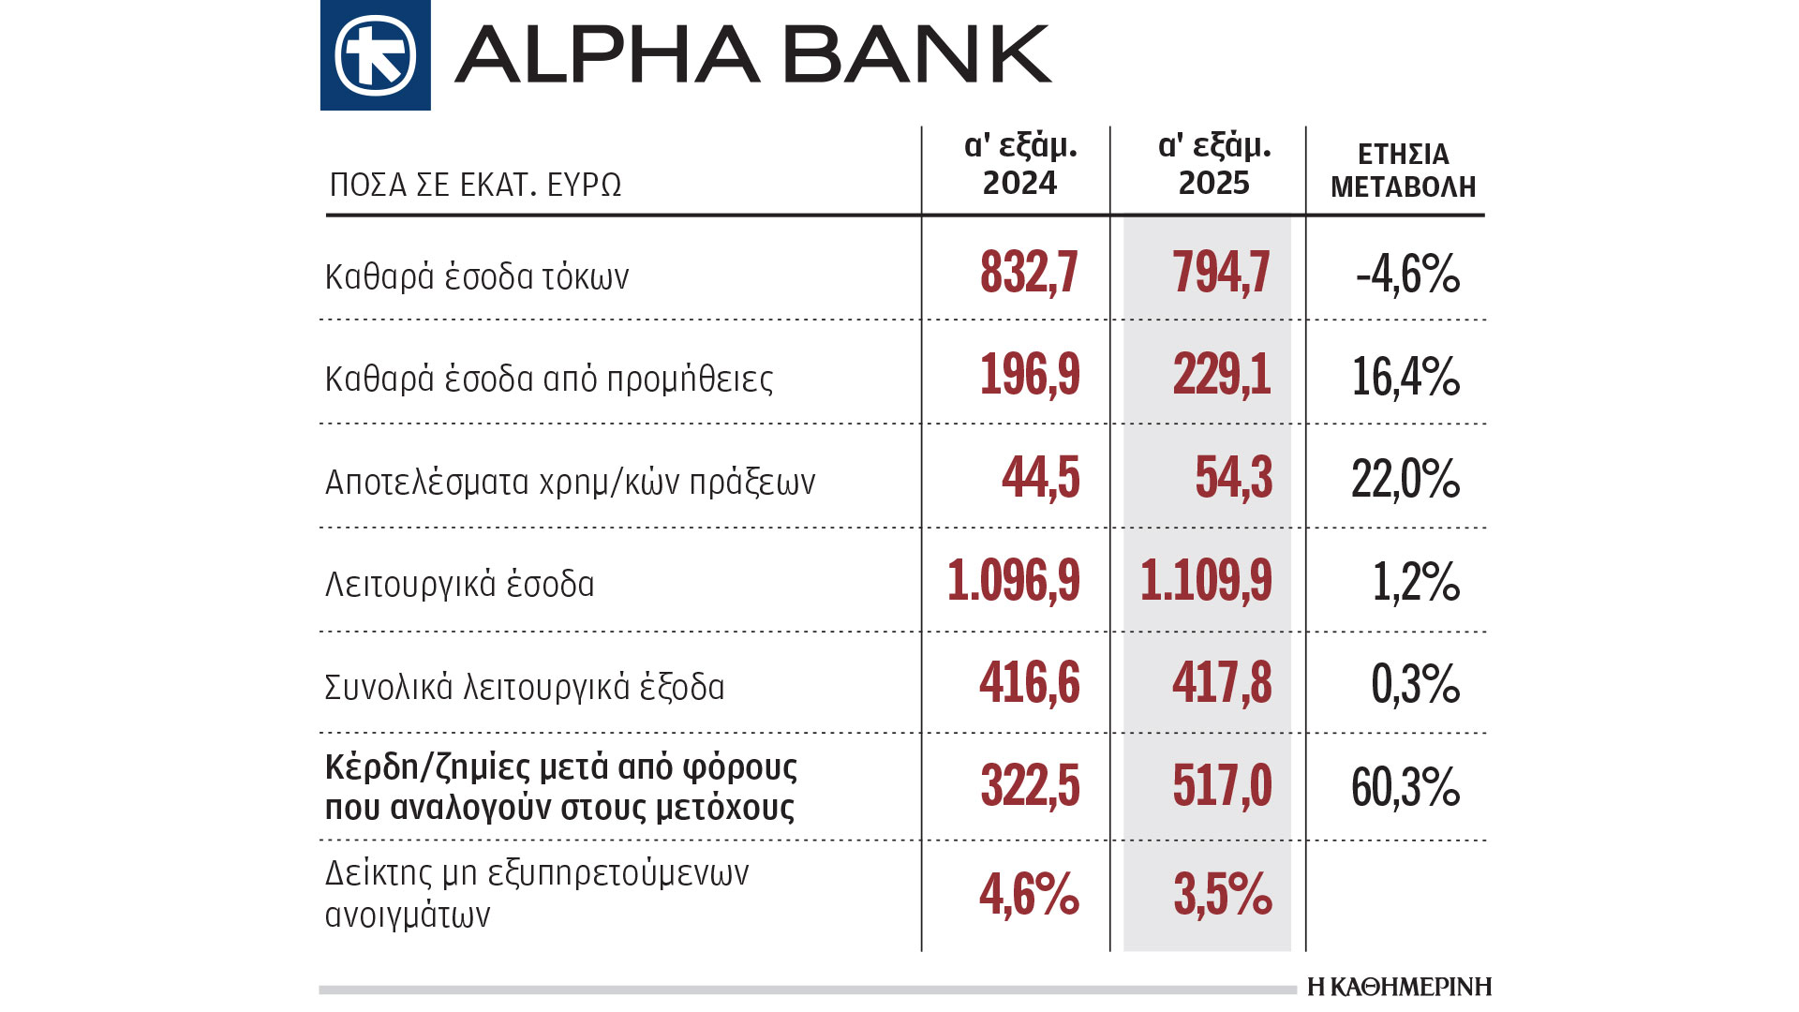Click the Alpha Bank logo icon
point(375,55)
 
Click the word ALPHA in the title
point(606,55)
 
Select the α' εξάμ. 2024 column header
point(1019,164)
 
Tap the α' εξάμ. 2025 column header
point(1214,164)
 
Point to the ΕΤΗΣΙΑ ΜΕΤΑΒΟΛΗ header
point(1403,171)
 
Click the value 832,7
point(1029,273)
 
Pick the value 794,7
point(1221,273)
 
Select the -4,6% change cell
point(1407,275)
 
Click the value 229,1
point(1222,375)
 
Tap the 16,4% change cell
point(1405,377)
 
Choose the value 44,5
point(1040,478)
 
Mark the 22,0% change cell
point(1405,480)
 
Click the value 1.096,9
point(1013,580)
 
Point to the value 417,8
point(1222,682)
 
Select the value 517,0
point(1222,785)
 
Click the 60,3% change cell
point(1405,787)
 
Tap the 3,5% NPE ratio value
point(1222,894)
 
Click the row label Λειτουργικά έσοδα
point(459,584)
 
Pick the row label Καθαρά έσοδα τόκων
point(477,277)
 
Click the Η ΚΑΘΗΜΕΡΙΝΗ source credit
point(1399,987)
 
